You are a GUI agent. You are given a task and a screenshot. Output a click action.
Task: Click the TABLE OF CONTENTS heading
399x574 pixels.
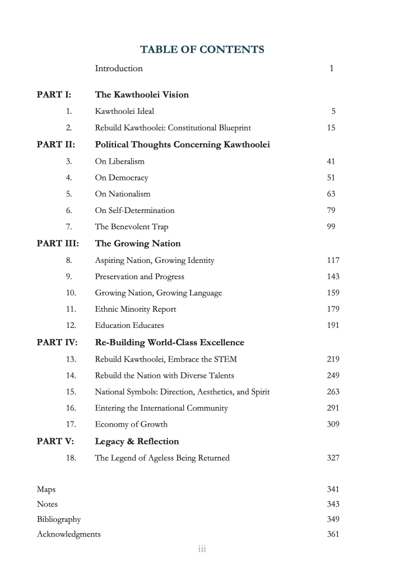tap(202, 50)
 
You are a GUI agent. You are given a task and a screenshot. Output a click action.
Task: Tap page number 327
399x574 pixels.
tap(333, 458)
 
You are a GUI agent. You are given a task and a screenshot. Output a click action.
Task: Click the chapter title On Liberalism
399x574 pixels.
tap(119, 161)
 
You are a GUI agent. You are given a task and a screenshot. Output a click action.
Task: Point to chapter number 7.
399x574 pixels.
tap(69, 227)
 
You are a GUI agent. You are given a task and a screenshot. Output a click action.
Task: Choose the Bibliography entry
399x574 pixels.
tap(59, 519)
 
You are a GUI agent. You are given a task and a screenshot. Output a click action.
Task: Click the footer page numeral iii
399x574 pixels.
tap(202, 549)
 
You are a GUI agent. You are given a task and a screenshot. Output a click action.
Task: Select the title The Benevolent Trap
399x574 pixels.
tap(131, 227)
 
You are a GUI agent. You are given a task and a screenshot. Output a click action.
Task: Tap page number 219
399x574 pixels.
tap(333, 359)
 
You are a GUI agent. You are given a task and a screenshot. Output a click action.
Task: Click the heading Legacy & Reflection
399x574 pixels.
tap(137, 441)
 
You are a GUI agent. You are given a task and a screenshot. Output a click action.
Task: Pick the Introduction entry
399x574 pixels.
tap(119, 68)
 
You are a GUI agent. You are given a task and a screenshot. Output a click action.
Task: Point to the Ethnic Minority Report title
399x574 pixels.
tap(135, 309)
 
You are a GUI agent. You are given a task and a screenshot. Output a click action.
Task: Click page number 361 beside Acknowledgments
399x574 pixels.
tap(333, 534)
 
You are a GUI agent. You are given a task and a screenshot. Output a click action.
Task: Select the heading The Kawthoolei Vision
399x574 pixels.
tap(142, 94)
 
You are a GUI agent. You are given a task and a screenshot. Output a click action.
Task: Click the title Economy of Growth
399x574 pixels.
tap(131, 424)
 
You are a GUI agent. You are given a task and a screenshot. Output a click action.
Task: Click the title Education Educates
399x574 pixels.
tap(129, 325)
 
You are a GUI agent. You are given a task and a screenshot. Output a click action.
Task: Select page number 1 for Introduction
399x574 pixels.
tap(332, 69)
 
